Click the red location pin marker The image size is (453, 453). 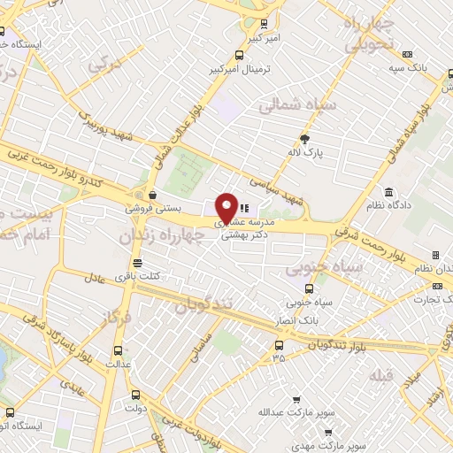[227, 208]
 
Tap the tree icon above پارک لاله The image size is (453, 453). [305, 138]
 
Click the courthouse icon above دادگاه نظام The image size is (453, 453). [389, 192]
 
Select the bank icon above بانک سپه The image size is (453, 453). [407, 53]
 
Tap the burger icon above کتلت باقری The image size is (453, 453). [137, 263]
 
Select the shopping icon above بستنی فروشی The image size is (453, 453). [154, 196]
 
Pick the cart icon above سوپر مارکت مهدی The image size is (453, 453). [328, 433]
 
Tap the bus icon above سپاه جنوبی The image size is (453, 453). [308, 288]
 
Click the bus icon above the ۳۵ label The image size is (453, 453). [279, 345]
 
